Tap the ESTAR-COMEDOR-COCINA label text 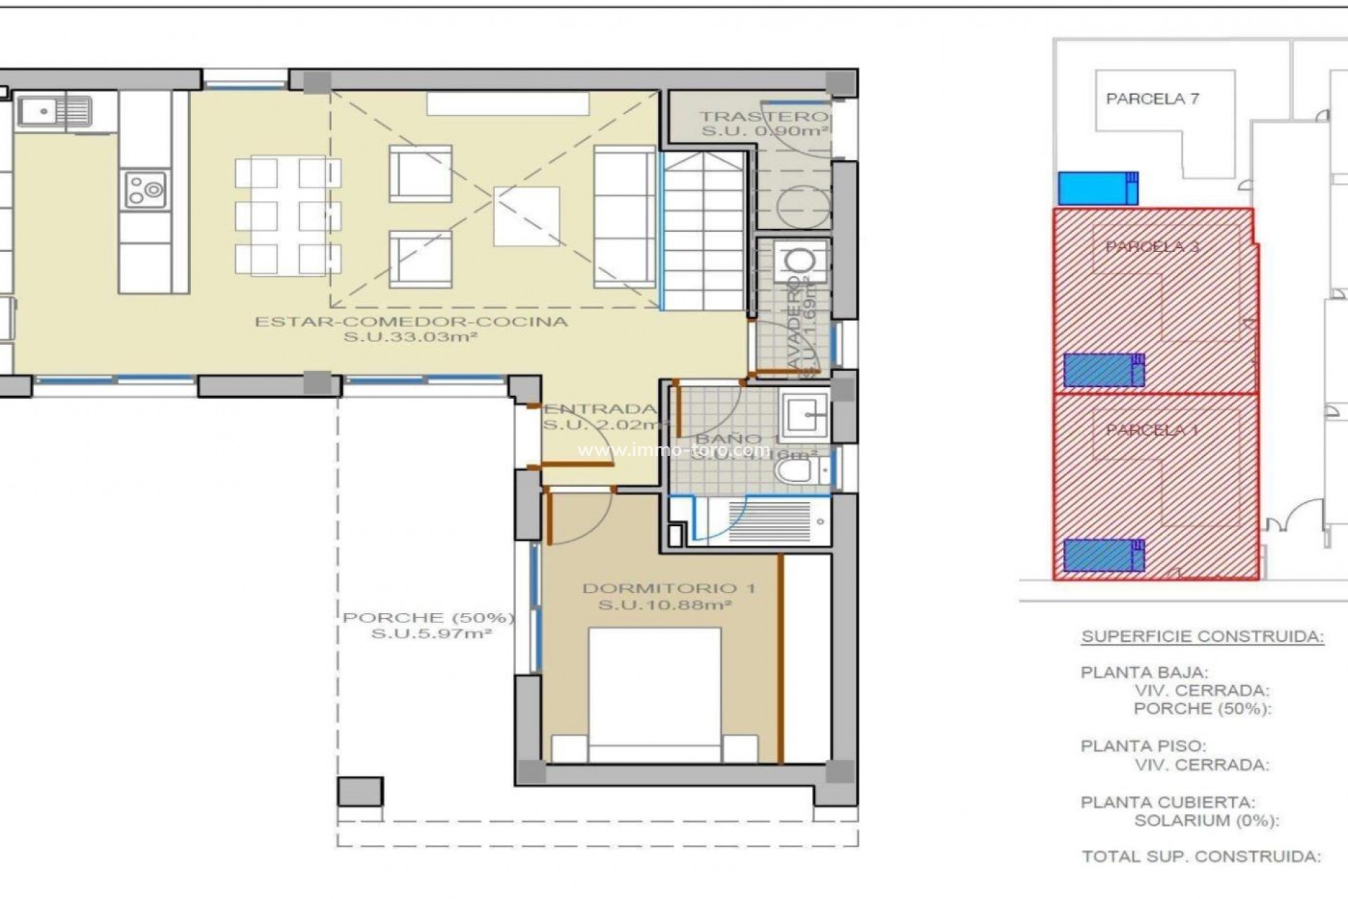point(411,322)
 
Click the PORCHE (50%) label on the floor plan point(428,618)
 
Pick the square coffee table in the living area point(527,216)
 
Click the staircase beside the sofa point(703,232)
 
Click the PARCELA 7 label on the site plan point(1152,99)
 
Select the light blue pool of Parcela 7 point(1097,188)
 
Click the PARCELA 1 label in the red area point(1152,431)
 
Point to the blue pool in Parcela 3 point(1103,370)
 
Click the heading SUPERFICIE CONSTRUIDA point(1202,637)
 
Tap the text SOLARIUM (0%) point(1206,820)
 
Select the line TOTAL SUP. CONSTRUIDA point(1201,857)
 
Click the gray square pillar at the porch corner point(360,791)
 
